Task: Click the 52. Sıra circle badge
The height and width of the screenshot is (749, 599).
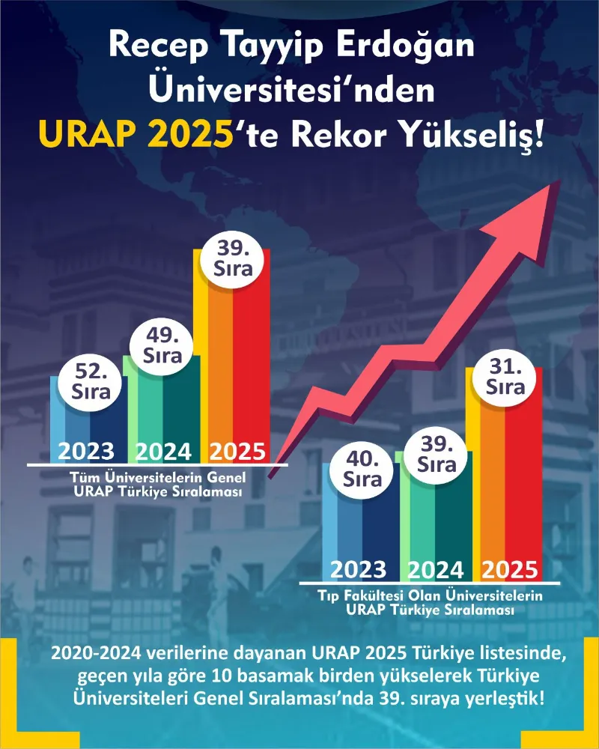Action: [x=91, y=380]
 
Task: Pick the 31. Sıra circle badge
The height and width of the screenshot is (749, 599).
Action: [x=505, y=377]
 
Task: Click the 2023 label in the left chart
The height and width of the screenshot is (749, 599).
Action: [x=86, y=451]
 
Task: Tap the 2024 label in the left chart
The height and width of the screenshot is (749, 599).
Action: [x=162, y=451]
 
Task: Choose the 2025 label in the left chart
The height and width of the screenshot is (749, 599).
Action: [x=237, y=451]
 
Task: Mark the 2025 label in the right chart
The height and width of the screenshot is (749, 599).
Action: [x=509, y=569]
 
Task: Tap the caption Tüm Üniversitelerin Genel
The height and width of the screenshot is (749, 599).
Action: [x=157, y=477]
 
